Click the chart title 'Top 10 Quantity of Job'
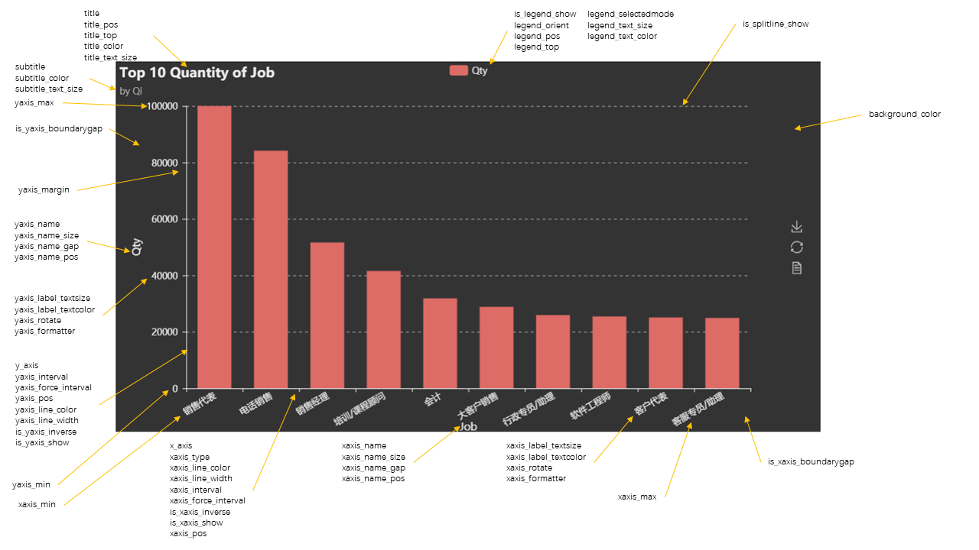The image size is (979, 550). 197,73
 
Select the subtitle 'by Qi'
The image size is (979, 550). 131,90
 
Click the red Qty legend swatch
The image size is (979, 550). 458,70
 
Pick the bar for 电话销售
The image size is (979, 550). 271,269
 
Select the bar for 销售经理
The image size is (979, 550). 327,315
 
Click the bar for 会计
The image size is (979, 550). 440,343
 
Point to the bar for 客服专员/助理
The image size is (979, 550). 722,353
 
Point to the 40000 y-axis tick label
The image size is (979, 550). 164,276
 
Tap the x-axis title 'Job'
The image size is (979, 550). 468,426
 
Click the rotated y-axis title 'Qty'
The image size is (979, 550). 137,247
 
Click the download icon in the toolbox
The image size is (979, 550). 797,227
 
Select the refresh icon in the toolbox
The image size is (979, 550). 797,247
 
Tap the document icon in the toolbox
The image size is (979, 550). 797,267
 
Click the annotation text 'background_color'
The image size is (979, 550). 904,115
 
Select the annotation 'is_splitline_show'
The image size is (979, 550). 776,24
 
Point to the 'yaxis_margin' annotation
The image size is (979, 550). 44,190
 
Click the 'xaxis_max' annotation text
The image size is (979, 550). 637,497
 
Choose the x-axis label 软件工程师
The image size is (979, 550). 591,406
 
